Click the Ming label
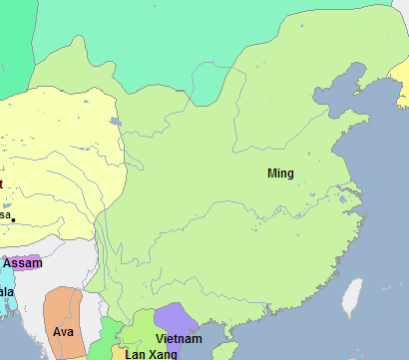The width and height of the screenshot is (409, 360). [x=281, y=174]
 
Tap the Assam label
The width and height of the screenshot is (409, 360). [x=23, y=263]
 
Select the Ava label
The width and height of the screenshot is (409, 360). [x=63, y=331]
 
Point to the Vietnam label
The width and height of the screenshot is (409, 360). [x=179, y=340]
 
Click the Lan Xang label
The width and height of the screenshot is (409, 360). [x=151, y=354]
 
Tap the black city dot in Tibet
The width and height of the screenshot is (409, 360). [x=13, y=218]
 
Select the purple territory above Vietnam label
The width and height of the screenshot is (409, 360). [x=175, y=318]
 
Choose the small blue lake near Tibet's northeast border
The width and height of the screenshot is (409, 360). [x=117, y=123]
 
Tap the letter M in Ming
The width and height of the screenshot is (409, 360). [x=273, y=174]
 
